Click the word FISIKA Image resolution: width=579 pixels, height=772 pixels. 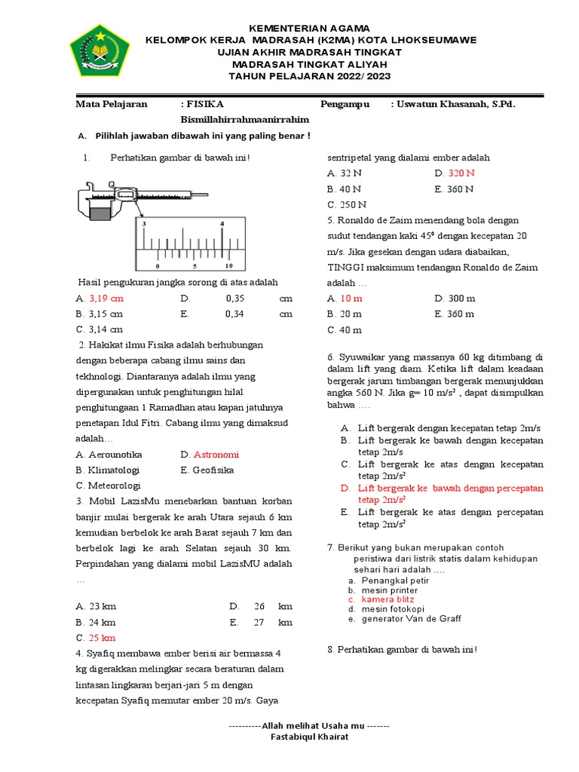205,104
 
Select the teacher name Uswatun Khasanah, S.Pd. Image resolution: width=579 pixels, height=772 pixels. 456,104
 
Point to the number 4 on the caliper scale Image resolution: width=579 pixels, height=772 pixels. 222,224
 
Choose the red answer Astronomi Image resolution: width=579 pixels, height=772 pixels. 216,455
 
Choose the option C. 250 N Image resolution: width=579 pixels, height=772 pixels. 347,204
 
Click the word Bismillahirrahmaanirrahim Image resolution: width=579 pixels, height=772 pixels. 245,120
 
